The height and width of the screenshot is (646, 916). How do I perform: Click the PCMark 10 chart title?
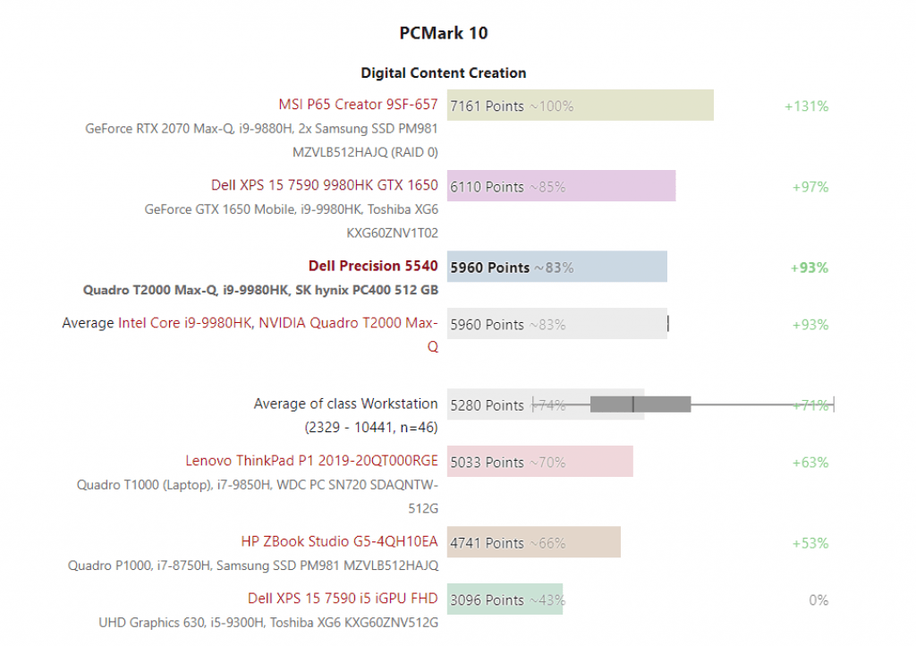click(x=444, y=33)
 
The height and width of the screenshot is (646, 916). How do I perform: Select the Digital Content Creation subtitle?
click(x=444, y=72)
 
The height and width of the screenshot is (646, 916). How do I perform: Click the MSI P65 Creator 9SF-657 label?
click(x=359, y=105)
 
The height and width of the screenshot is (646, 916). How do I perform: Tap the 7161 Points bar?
click(x=580, y=106)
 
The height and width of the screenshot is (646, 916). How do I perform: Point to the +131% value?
click(x=806, y=106)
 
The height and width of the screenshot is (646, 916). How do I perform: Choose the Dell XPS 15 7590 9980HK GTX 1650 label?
click(x=325, y=185)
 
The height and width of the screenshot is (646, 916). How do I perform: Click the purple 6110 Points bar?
click(x=561, y=186)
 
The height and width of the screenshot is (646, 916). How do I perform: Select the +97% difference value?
click(x=810, y=187)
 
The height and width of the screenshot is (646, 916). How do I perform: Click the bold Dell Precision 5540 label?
click(x=373, y=266)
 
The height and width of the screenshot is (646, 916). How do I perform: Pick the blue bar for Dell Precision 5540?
click(x=556, y=267)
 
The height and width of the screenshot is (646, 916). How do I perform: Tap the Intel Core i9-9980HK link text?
click(x=185, y=323)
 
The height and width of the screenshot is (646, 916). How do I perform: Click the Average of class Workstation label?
click(x=345, y=404)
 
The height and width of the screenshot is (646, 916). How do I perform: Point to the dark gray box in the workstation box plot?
click(x=640, y=404)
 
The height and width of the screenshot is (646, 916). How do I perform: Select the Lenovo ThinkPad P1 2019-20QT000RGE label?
click(x=311, y=461)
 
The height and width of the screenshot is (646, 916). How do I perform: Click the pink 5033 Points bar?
click(x=539, y=462)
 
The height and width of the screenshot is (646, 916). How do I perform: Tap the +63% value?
click(x=810, y=463)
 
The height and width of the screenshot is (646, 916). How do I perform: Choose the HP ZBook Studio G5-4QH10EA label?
click(x=339, y=541)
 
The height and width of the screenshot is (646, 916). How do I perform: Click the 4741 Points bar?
click(x=533, y=542)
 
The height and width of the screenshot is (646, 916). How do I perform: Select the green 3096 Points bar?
click(x=505, y=599)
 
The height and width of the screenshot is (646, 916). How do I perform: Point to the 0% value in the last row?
click(x=818, y=600)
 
